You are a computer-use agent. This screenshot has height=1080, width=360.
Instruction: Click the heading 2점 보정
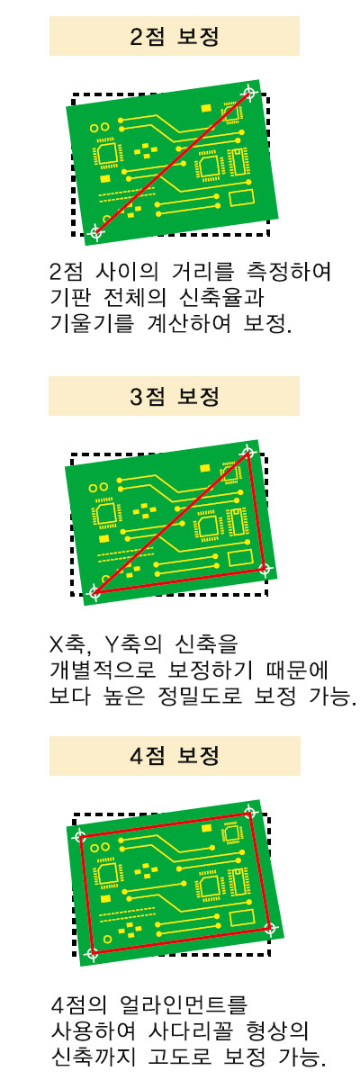pos(175,37)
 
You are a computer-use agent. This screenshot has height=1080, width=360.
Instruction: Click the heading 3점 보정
pos(175,396)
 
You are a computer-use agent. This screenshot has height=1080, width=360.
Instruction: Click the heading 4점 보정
pos(175,756)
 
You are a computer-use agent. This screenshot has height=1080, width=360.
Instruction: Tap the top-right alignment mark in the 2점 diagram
pos(249,93)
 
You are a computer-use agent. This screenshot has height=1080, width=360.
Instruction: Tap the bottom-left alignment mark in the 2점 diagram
pos(97,232)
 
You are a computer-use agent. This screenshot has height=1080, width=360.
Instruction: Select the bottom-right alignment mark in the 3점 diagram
pos(264,569)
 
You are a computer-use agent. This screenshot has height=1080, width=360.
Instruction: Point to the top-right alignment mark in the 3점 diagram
pos(247,452)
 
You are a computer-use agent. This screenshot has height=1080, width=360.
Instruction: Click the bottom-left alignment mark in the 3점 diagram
pos(95,592)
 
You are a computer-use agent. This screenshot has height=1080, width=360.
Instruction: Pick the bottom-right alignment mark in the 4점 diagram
pos(270,927)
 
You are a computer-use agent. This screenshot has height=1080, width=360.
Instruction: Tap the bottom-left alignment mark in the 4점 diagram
pos(92,953)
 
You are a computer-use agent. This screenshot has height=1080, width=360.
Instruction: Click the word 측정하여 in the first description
pos(289,272)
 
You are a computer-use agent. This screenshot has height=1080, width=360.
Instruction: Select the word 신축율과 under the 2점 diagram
pos(221,298)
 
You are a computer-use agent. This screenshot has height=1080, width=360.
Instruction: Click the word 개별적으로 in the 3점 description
pos(103,670)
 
